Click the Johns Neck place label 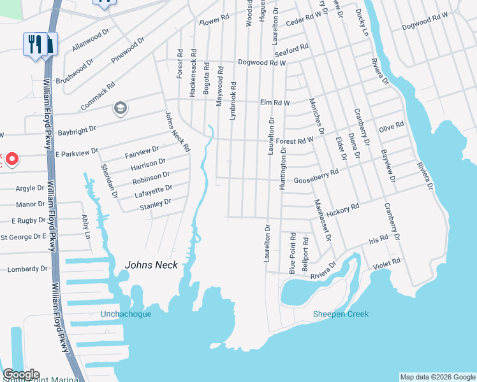point(151,265)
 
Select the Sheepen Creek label point(341,314)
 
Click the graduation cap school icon point(119,109)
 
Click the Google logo point(21,374)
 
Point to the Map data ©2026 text point(437,377)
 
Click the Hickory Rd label point(342,207)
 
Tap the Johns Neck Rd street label point(177,131)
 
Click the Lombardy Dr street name point(27,269)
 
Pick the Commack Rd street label point(98,95)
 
